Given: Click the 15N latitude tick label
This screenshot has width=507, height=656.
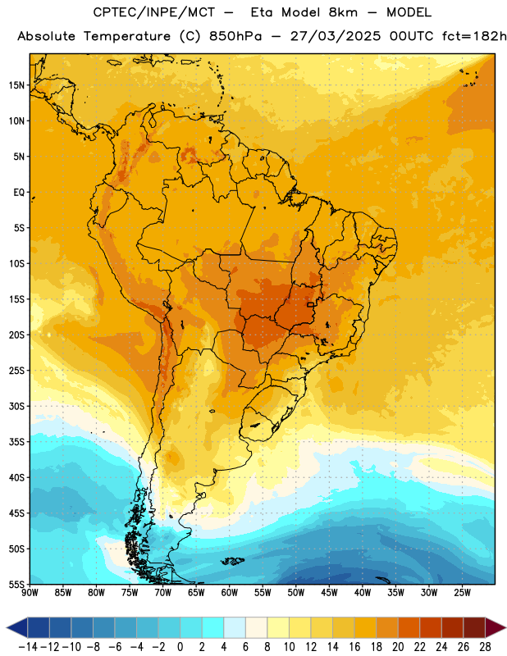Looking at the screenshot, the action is click(16, 85).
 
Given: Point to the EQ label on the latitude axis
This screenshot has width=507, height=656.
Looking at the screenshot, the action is click(19, 193).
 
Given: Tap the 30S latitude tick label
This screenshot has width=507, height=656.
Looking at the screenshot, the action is click(16, 406).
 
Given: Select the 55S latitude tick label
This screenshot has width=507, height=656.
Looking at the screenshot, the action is click(16, 585).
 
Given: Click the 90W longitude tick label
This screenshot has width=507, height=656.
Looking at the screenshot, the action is click(30, 593).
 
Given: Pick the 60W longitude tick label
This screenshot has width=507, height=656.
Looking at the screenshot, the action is click(230, 593).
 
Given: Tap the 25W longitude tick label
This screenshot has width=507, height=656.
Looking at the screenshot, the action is click(462, 593).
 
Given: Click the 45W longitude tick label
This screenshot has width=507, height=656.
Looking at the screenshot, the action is click(329, 593).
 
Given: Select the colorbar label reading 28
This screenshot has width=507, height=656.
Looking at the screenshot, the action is click(485, 647).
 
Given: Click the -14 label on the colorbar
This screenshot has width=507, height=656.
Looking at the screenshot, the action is click(28, 647).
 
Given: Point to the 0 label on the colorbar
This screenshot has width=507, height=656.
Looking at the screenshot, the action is click(180, 647).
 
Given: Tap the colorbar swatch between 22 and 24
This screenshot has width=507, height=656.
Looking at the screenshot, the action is click(431, 627).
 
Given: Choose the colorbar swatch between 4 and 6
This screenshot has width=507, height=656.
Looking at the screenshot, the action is click(235, 627).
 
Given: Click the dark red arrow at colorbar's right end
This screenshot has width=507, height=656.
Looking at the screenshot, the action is click(496, 627).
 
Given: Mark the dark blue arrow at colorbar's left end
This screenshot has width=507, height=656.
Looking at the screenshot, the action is click(17, 627).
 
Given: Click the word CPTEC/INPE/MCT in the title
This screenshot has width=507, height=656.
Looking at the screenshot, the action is click(154, 12).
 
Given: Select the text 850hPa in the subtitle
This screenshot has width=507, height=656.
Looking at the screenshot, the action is click(235, 36).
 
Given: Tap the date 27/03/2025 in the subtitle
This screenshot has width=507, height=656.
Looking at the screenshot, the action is click(336, 36).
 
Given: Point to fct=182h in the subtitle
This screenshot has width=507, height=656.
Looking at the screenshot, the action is click(475, 36).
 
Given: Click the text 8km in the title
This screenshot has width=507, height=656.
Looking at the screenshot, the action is click(343, 12).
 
